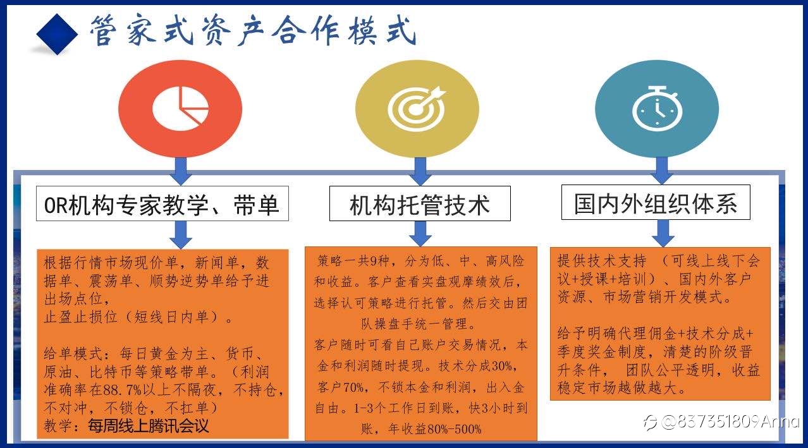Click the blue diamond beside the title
coord(57,34)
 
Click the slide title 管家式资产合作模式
coord(253,30)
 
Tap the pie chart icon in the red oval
coord(181,109)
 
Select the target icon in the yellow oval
coord(417,109)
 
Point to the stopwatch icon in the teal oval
coord(658,108)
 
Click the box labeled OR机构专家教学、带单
coord(162,203)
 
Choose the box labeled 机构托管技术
coord(420,203)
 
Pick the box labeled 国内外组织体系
coord(656,203)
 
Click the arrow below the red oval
coord(181,172)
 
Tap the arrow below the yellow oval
coord(420,172)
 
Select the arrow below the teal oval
coord(662,171)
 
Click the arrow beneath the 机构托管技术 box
coord(420,234)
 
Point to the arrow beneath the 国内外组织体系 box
coord(663,233)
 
